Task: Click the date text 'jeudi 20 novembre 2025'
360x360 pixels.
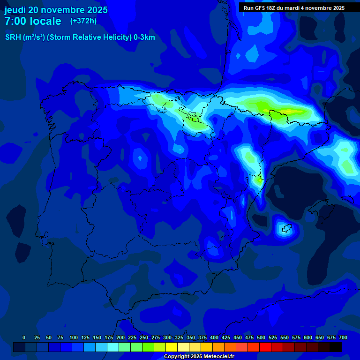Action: [x=56, y=10]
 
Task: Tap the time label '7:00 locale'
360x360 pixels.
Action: [x=33, y=21]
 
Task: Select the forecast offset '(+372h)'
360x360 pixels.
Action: [x=83, y=21]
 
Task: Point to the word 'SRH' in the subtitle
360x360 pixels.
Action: [x=13, y=37]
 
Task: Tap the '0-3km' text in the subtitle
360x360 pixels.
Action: [x=144, y=37]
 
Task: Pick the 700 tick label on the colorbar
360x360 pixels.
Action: [x=343, y=337]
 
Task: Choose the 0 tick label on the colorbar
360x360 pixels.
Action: [x=24, y=337]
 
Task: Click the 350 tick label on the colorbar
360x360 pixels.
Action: [x=191, y=337]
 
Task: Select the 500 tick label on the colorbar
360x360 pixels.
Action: [x=261, y=337]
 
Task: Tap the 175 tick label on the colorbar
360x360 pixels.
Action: [x=109, y=337]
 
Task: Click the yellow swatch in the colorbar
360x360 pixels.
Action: [x=172, y=347]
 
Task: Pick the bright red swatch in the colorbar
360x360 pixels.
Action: [x=265, y=347]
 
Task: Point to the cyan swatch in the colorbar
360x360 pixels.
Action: [x=113, y=347]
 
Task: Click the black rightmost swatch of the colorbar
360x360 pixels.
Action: [x=336, y=347]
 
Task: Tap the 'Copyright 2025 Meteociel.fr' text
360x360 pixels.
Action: [x=199, y=357]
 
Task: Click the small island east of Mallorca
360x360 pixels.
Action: [x=285, y=229]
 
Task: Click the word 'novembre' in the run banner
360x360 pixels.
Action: [x=321, y=7]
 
